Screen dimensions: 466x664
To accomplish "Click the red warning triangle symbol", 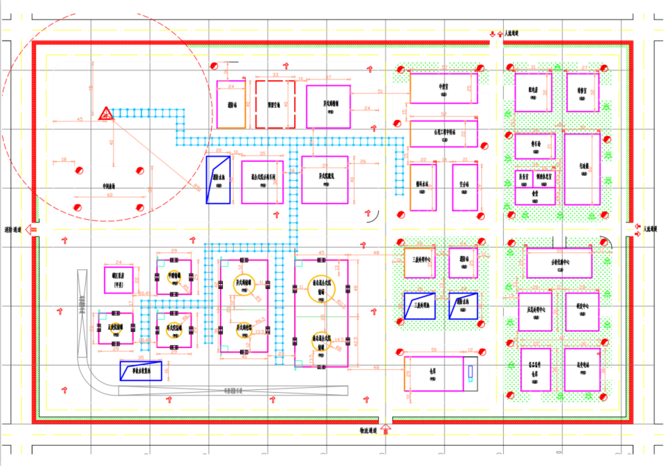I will click(x=105, y=113).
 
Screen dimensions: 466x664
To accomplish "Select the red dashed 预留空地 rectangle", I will click(x=275, y=105).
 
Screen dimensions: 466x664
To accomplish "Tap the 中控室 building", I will click(x=443, y=89).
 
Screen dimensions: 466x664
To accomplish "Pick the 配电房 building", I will click(x=533, y=92).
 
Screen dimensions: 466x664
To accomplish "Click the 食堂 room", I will click(x=535, y=195).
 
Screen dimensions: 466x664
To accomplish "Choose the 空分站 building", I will click(x=465, y=186).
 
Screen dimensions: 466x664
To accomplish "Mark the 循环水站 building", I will click(x=423, y=187).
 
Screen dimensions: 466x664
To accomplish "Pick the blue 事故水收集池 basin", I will click(x=141, y=370).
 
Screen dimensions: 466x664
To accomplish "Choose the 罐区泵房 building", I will click(x=118, y=279).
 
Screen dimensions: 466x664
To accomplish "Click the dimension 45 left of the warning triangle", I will click(x=79, y=119).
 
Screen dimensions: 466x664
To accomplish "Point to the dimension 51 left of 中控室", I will click(x=380, y=91).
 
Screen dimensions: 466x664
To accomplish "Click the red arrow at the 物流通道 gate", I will click(x=387, y=432).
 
